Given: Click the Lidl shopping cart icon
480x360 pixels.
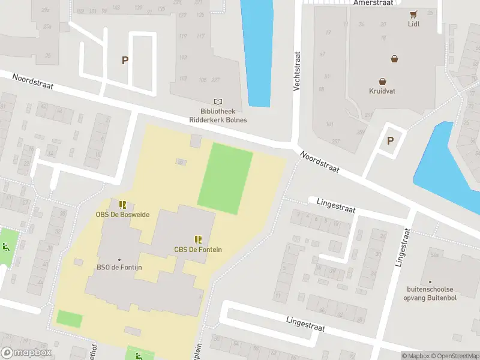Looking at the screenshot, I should click(x=413, y=14).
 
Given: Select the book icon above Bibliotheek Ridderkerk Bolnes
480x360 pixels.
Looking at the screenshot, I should click(x=218, y=102).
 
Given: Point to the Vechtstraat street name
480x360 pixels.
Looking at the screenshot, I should click(x=296, y=71).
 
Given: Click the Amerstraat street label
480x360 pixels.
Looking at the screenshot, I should click(x=373, y=3).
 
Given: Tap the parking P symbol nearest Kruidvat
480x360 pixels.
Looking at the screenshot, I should click(x=390, y=141).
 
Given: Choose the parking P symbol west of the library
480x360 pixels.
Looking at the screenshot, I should click(x=125, y=60).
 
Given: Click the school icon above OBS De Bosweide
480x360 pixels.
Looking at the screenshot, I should click(x=122, y=205).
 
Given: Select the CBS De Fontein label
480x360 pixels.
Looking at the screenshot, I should click(x=198, y=250).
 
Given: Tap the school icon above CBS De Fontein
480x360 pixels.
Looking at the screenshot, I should click(x=198, y=239).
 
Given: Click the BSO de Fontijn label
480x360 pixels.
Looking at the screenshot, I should click(x=119, y=268).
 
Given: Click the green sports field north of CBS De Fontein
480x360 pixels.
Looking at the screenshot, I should click(x=225, y=179).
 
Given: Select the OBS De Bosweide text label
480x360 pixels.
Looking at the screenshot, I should click(x=122, y=214).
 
